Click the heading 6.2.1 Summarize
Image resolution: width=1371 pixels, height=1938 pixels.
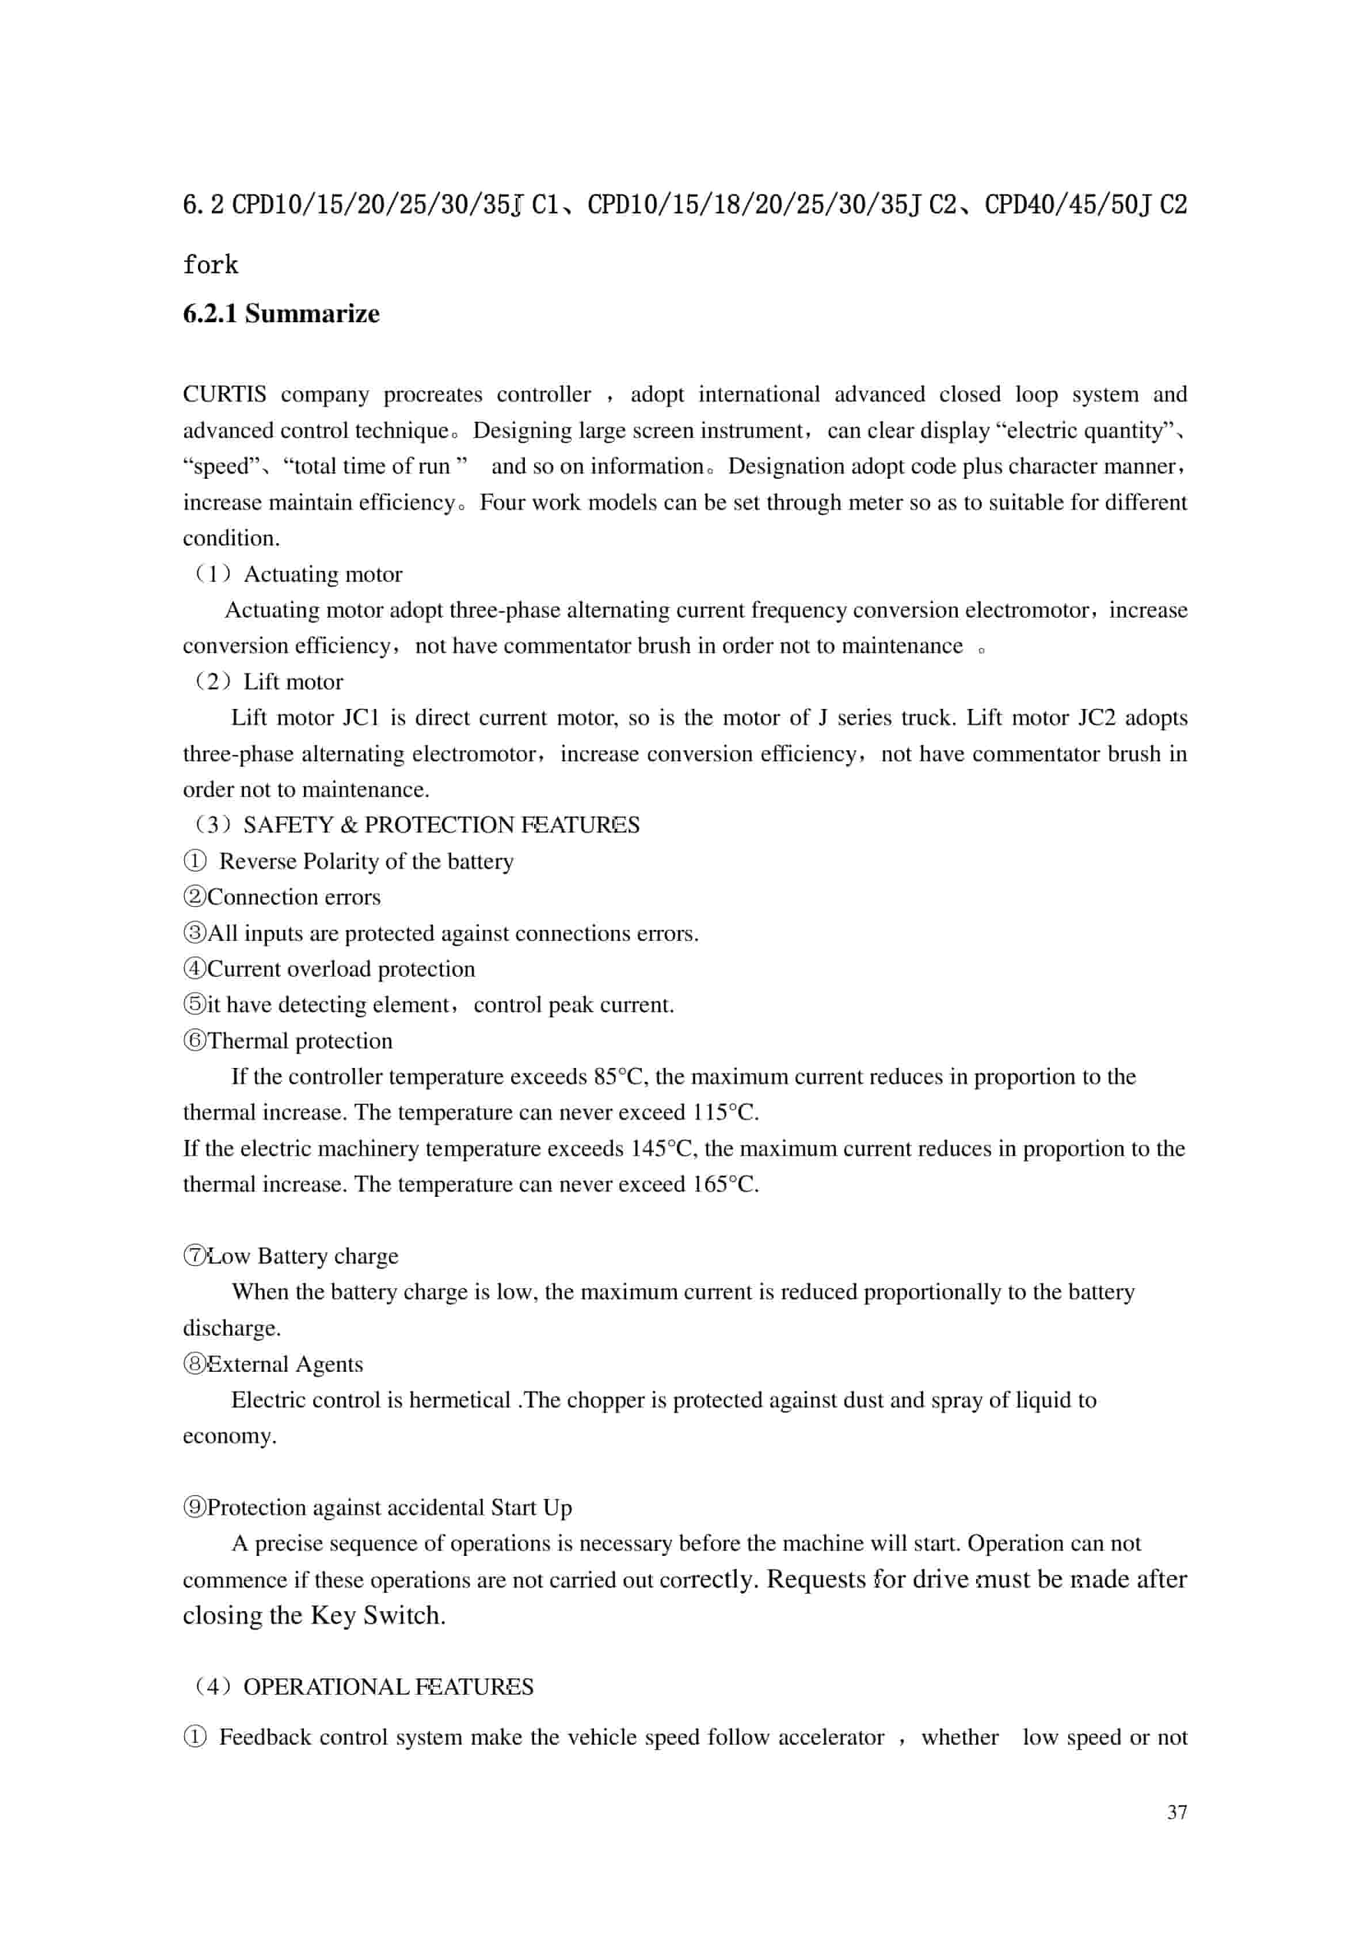pos(281,314)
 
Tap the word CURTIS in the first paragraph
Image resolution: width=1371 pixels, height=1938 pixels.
pos(224,394)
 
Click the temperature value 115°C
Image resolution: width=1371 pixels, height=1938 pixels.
pos(723,1112)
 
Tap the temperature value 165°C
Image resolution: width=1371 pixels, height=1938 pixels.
pos(723,1184)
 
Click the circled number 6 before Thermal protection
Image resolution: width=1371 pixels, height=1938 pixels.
pos(195,1041)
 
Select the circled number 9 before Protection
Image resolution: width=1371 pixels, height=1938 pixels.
pos(195,1508)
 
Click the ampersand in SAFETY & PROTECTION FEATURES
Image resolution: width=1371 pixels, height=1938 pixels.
pos(349,825)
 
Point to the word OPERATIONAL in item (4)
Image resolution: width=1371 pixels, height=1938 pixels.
pos(326,1687)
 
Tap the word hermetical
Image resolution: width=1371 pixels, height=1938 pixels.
pos(460,1401)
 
